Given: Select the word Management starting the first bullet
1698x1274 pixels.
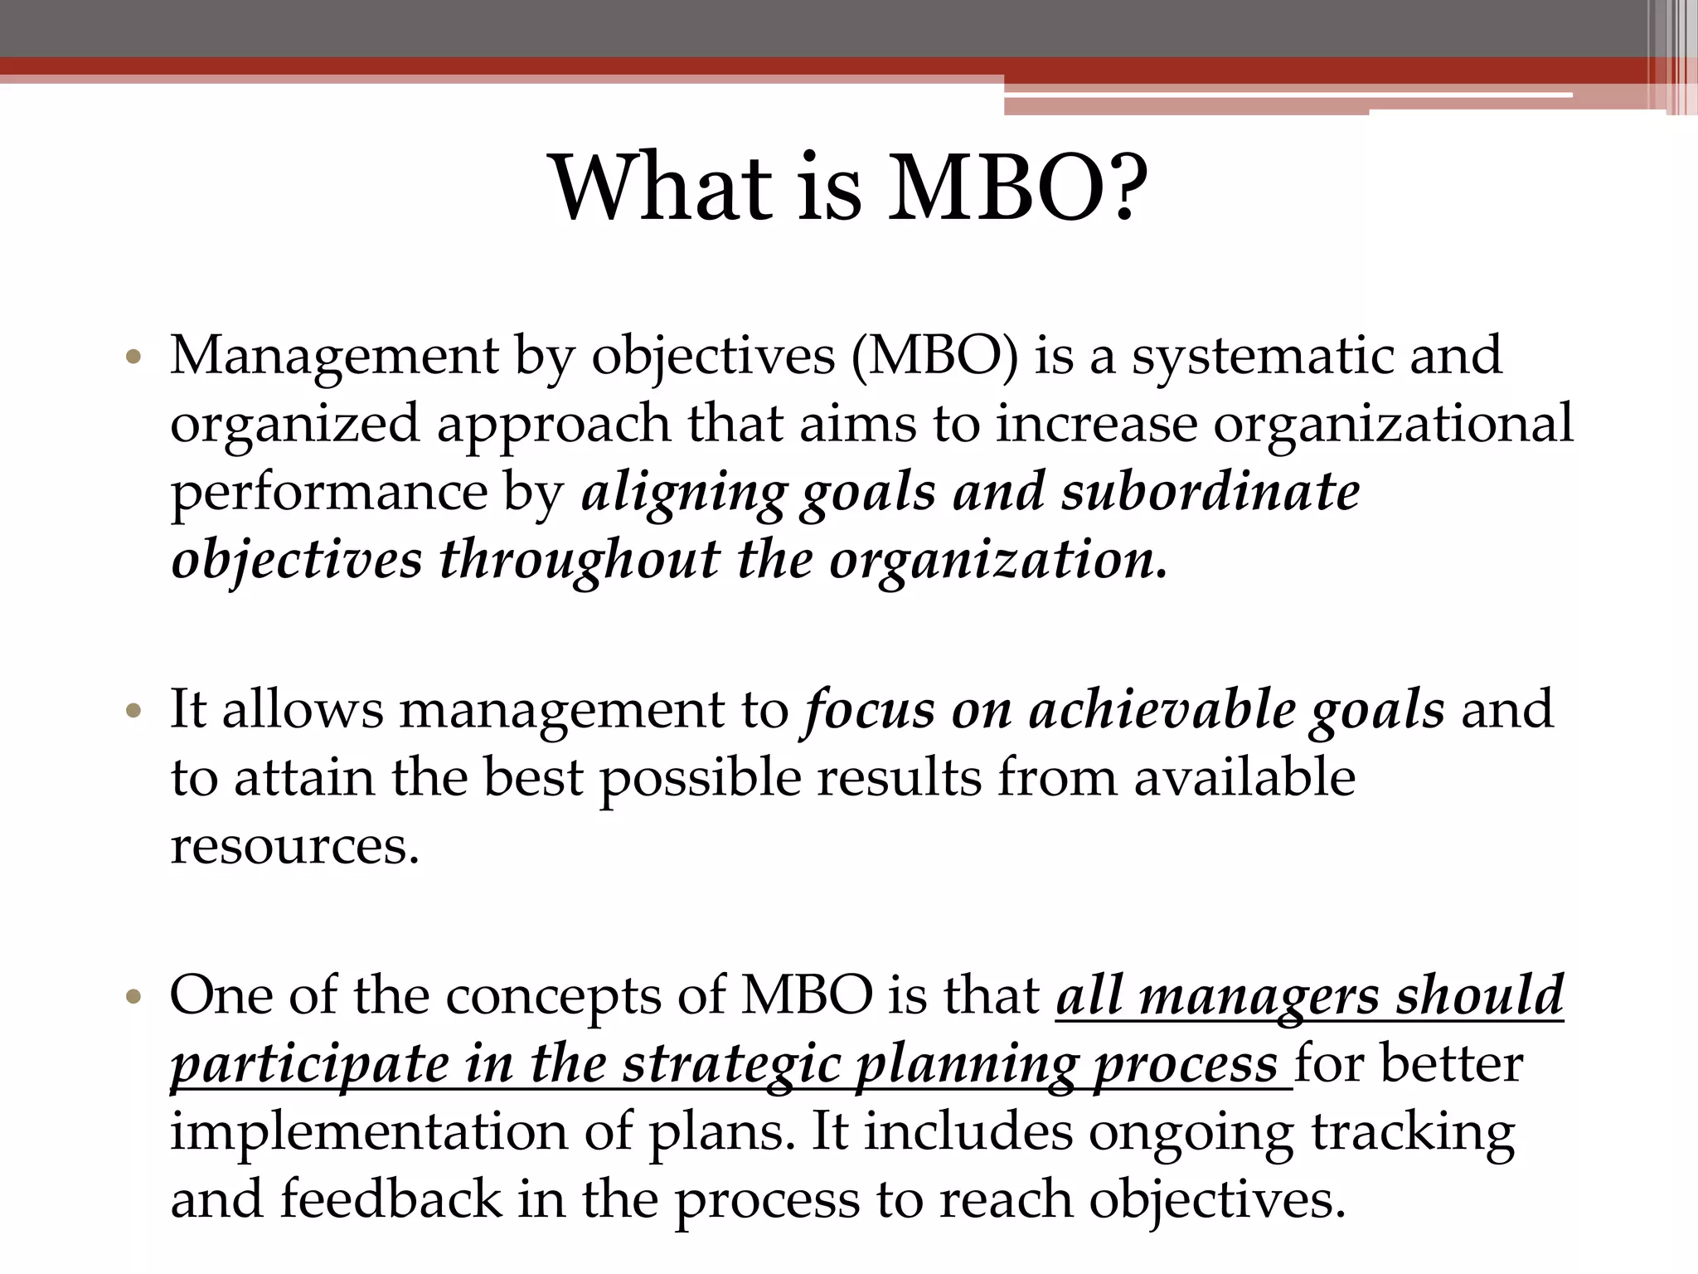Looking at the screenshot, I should coord(334,357).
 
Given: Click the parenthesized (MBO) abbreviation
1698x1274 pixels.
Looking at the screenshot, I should coord(935,357).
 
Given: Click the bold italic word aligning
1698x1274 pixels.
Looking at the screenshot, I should coord(683,493).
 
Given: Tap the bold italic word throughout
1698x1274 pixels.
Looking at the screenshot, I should coord(580,561).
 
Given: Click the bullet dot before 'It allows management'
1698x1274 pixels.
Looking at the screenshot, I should coord(133,712).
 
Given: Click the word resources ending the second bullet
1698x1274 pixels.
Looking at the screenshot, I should coord(294,847).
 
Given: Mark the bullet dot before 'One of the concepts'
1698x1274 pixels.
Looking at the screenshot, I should coord(133,996).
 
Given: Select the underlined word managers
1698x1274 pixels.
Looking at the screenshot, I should coord(1259,996).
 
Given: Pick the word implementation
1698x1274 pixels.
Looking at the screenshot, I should coord(369,1132).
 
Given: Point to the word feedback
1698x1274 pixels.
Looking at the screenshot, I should coord(391,1200).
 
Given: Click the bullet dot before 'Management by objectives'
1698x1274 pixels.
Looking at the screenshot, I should coord(133,358).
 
